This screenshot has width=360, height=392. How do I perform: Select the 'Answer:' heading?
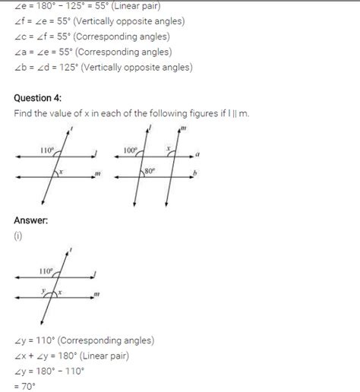click(31, 220)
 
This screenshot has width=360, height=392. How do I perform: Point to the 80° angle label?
click(149, 171)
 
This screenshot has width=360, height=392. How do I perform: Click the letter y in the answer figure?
click(44, 290)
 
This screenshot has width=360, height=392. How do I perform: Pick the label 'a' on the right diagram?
click(197, 153)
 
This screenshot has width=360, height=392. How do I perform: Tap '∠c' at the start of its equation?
click(20, 36)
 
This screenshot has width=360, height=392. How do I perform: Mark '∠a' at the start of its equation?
click(20, 52)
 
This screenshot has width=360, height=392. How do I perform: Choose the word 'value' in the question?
click(59, 113)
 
